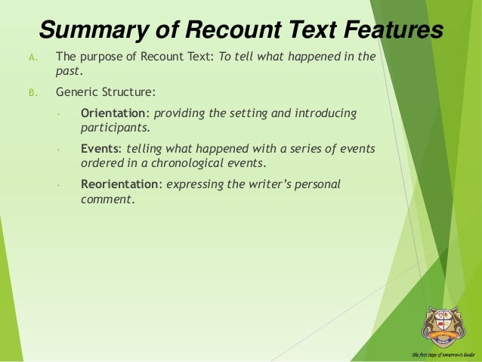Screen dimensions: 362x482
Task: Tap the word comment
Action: point(107,200)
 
